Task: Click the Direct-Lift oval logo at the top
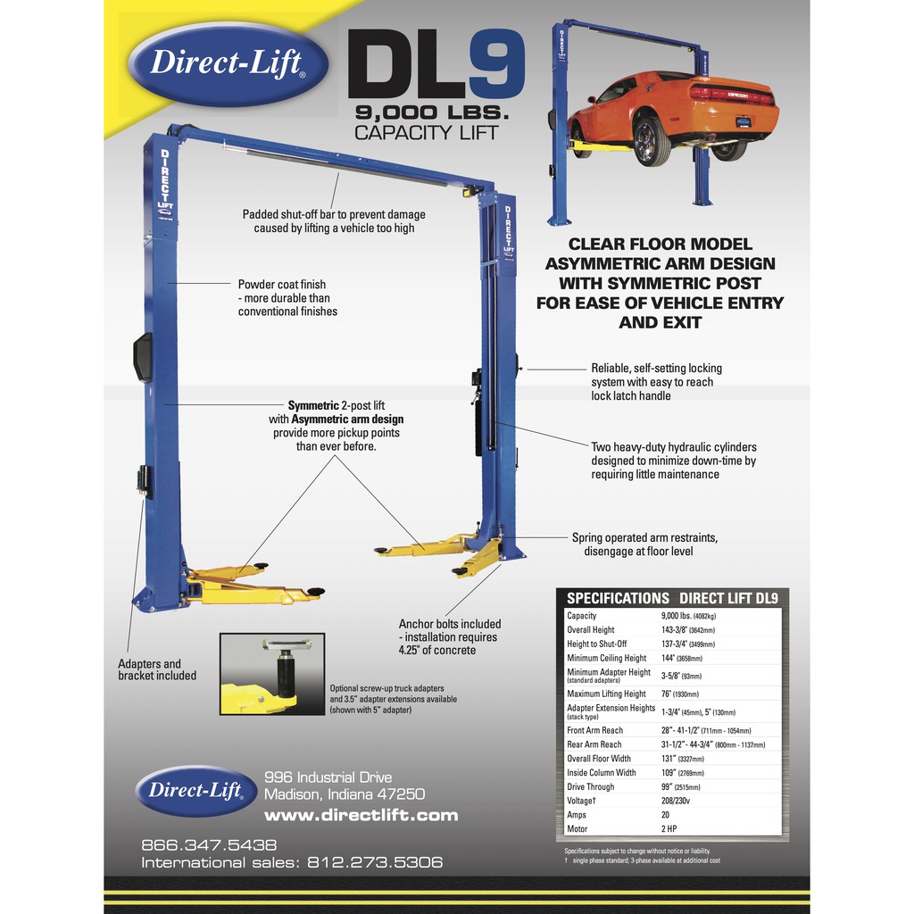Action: point(228,62)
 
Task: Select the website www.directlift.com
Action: point(361,815)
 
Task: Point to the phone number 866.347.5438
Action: point(209,844)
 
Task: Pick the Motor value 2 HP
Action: point(670,829)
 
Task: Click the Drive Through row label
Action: point(590,787)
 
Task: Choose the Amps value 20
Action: point(666,815)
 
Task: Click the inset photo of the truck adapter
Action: point(270,674)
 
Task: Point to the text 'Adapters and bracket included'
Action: point(157,669)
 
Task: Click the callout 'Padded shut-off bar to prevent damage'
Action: point(334,214)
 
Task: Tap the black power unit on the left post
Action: point(142,357)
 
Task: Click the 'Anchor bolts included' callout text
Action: point(449,624)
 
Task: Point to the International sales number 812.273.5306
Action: point(375,863)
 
